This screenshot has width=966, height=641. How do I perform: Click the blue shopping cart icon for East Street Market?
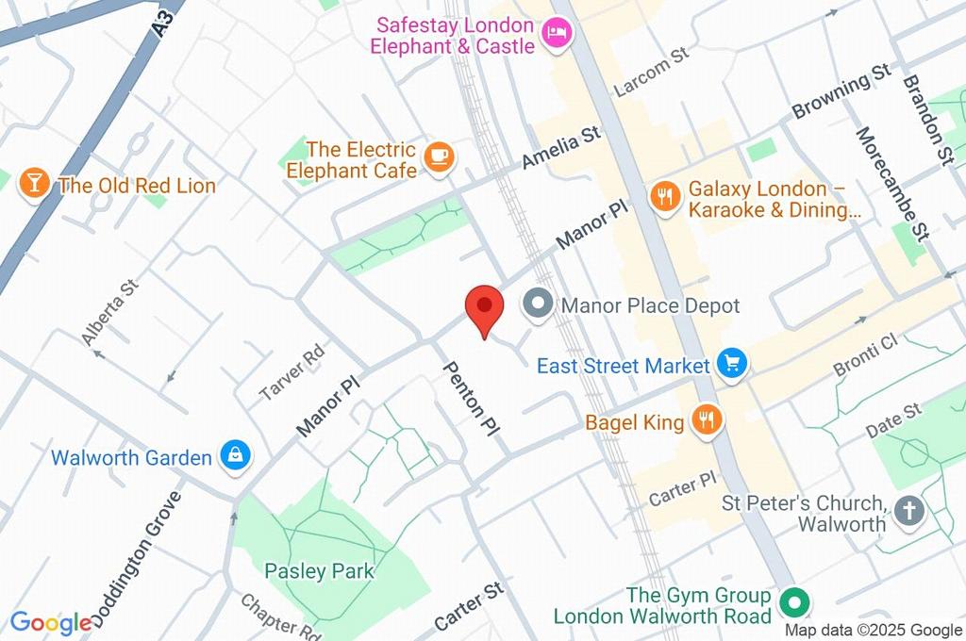[x=731, y=364]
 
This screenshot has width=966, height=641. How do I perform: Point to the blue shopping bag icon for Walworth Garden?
[x=233, y=456]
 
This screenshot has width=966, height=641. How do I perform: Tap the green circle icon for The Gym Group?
[x=794, y=600]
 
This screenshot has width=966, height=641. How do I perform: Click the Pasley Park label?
[x=319, y=571]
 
